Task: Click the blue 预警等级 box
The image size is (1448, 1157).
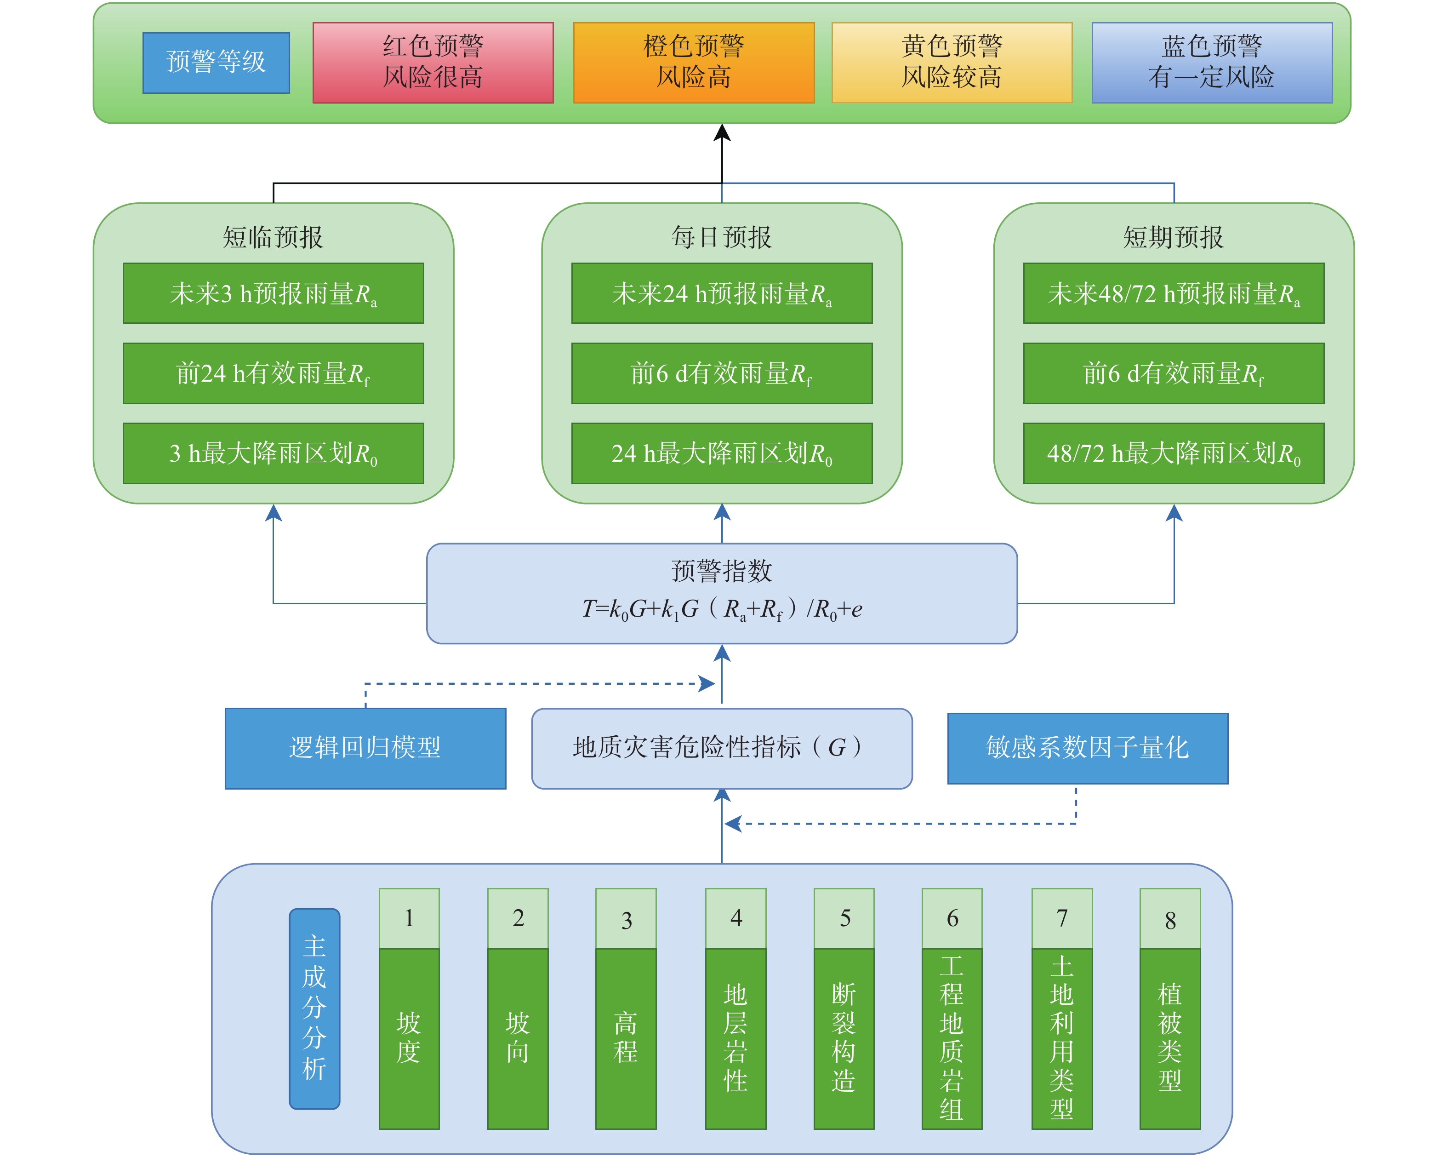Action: pyautogui.click(x=216, y=63)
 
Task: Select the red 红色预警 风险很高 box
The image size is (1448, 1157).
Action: pyautogui.click(x=433, y=63)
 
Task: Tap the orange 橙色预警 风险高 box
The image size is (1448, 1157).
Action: pyautogui.click(x=693, y=63)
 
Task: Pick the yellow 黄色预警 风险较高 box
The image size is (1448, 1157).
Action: pyautogui.click(x=951, y=63)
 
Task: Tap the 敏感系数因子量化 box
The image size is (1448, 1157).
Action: pyautogui.click(x=1087, y=748)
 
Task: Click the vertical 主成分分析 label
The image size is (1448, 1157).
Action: pyautogui.click(x=314, y=1008)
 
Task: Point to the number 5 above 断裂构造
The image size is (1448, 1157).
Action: pyautogui.click(x=844, y=918)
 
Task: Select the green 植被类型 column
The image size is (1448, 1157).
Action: pyautogui.click(x=1169, y=1038)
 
